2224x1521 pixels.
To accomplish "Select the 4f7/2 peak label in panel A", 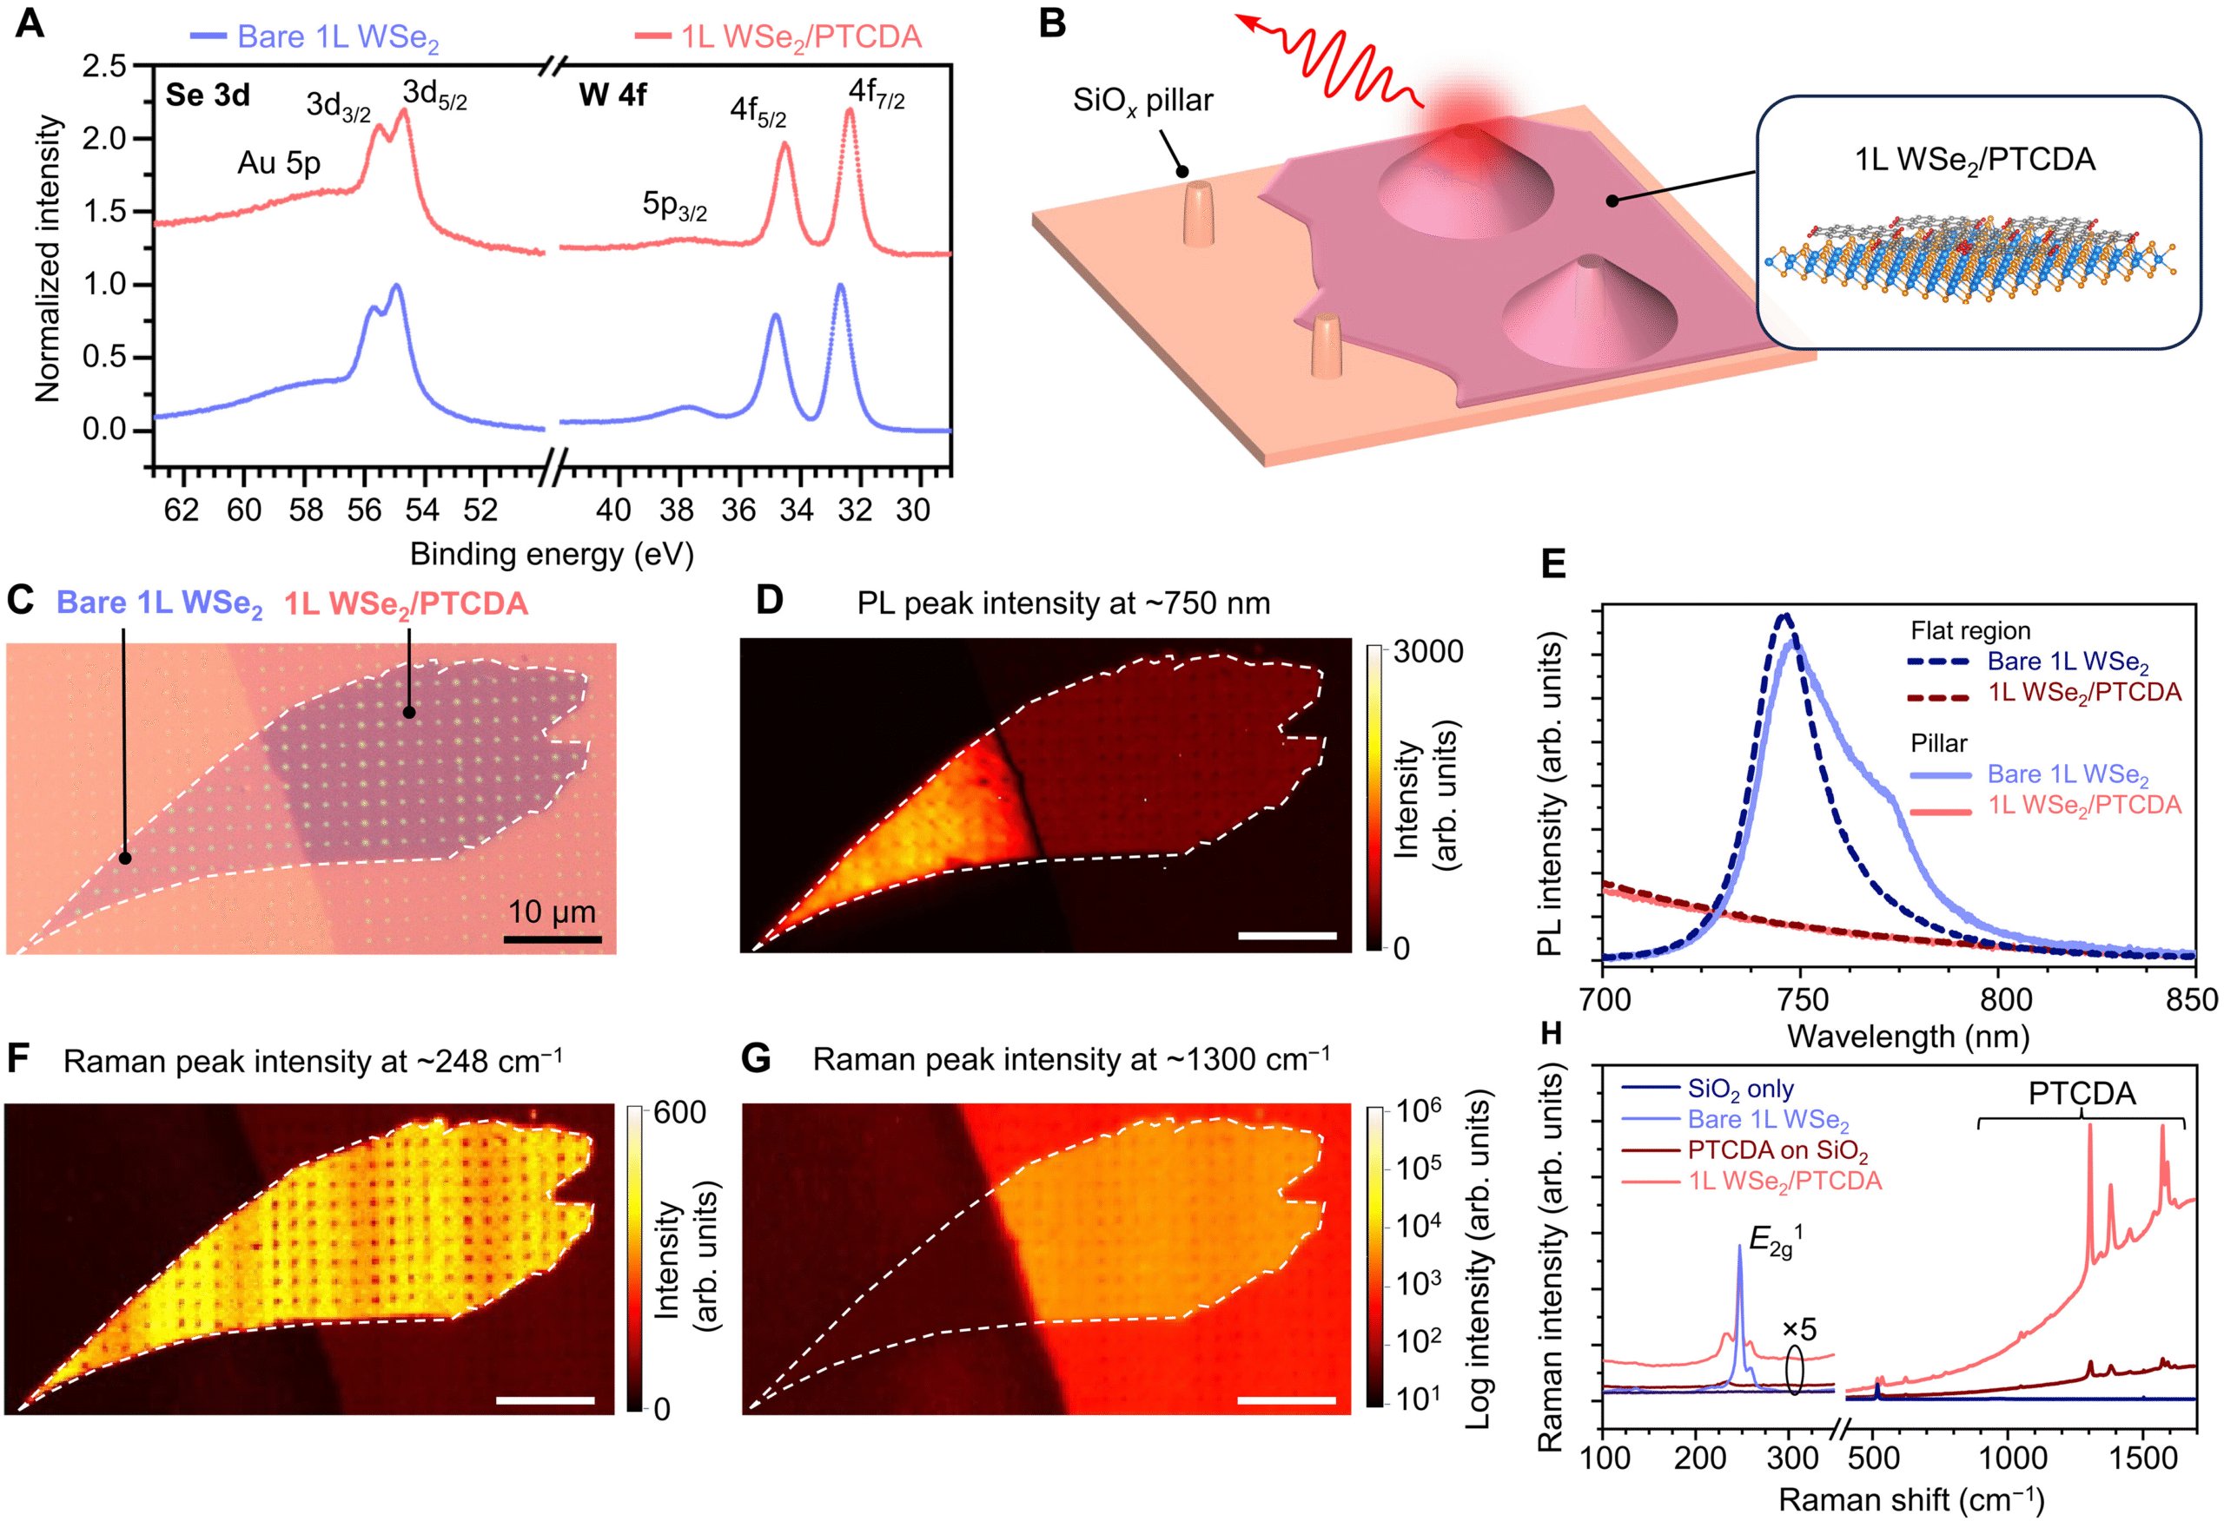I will [x=876, y=94].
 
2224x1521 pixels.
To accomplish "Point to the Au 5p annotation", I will [x=279, y=163].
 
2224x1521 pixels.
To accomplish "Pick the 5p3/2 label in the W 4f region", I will [x=673, y=206].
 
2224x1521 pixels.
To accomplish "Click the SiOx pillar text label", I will [x=1142, y=101].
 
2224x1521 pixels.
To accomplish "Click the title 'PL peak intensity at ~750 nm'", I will [x=1063, y=603].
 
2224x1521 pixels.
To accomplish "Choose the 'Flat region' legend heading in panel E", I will [x=1969, y=631].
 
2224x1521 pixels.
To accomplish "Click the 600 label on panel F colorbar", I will [x=679, y=1112].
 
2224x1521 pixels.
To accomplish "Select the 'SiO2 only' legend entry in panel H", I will [x=1740, y=1089].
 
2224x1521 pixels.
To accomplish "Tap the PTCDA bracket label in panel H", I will [x=2082, y=1093].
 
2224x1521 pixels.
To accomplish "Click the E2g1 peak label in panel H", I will [x=1771, y=1241].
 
